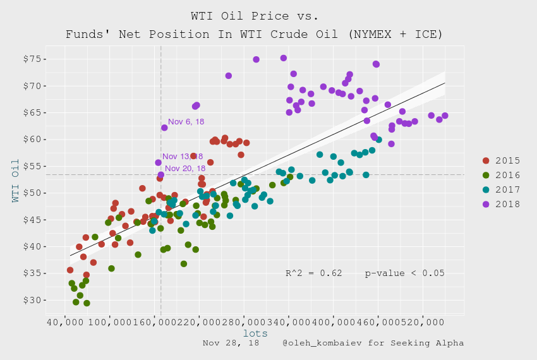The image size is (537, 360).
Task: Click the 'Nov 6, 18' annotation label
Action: pos(186,122)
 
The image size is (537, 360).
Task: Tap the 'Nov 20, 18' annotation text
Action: pos(185,169)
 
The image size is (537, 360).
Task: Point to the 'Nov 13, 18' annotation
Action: pos(183,157)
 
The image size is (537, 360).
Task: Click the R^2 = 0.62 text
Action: pos(314,273)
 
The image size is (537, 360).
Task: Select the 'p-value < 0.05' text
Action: pos(405,273)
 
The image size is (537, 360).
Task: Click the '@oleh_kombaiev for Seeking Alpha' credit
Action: pos(373,343)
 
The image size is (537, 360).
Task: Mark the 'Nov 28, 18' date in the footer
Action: pos(231,343)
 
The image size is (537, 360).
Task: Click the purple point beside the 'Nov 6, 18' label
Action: pos(164,128)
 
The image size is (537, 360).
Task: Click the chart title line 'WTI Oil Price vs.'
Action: pos(255,15)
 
